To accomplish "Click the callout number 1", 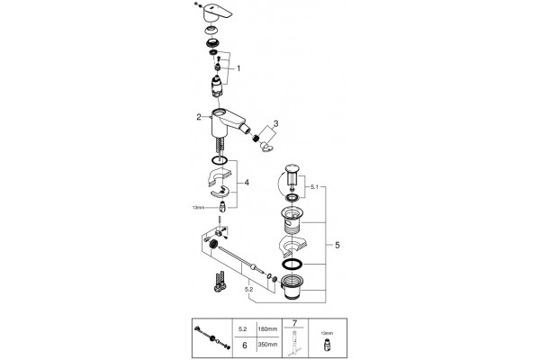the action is tap(238, 68).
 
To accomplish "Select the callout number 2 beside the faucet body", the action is tap(199, 117).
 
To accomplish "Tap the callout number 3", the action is tap(276, 123).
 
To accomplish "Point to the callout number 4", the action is tap(247, 183).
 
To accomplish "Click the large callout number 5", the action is tap(337, 245).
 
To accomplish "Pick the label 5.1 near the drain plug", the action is tap(314, 187).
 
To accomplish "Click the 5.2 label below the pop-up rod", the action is tap(249, 290).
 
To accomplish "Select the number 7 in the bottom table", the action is tap(294, 323).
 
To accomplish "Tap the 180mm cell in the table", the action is tap(267, 329).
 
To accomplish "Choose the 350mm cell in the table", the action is tap(267, 344).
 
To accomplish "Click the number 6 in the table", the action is tap(245, 345).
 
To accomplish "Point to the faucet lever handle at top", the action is tap(218, 13).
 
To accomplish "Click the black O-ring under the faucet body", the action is tap(219, 160).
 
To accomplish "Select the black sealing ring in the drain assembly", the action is tap(292, 265).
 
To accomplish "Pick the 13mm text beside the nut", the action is tap(198, 207).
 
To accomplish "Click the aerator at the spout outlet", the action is tap(256, 138).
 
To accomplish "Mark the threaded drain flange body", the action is tap(292, 220).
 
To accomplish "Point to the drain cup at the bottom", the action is tap(291, 288).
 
